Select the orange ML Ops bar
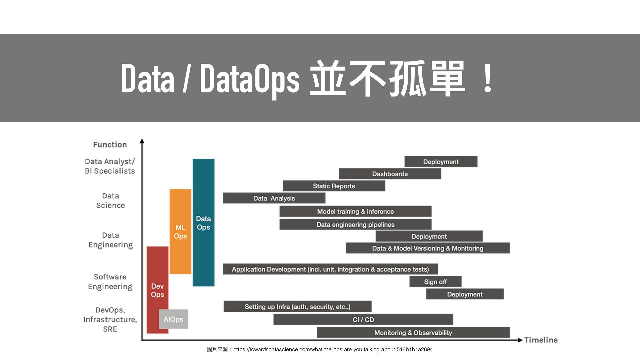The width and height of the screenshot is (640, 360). (x=180, y=231)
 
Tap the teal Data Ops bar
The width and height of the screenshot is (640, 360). (x=203, y=222)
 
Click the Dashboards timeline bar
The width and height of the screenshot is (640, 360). (x=390, y=174)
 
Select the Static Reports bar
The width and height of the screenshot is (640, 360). (x=334, y=186)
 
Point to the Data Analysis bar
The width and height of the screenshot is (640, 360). (x=274, y=198)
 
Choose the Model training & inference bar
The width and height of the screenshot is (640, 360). (x=355, y=211)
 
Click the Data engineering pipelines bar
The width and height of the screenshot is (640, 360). (x=355, y=224)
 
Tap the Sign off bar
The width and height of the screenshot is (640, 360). (x=435, y=282)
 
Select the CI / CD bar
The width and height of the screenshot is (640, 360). (x=363, y=319)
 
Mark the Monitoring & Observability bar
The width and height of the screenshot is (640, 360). (x=413, y=332)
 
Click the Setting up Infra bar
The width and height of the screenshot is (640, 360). (x=297, y=306)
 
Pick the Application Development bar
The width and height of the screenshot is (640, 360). (x=330, y=269)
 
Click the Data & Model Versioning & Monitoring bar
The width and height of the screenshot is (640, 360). (x=428, y=248)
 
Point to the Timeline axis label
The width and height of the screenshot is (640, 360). (x=541, y=340)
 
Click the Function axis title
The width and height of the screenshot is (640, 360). (x=110, y=145)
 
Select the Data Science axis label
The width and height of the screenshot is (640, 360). (x=110, y=201)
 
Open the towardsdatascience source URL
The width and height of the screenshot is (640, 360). (x=333, y=349)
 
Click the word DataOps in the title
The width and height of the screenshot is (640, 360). (x=250, y=79)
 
